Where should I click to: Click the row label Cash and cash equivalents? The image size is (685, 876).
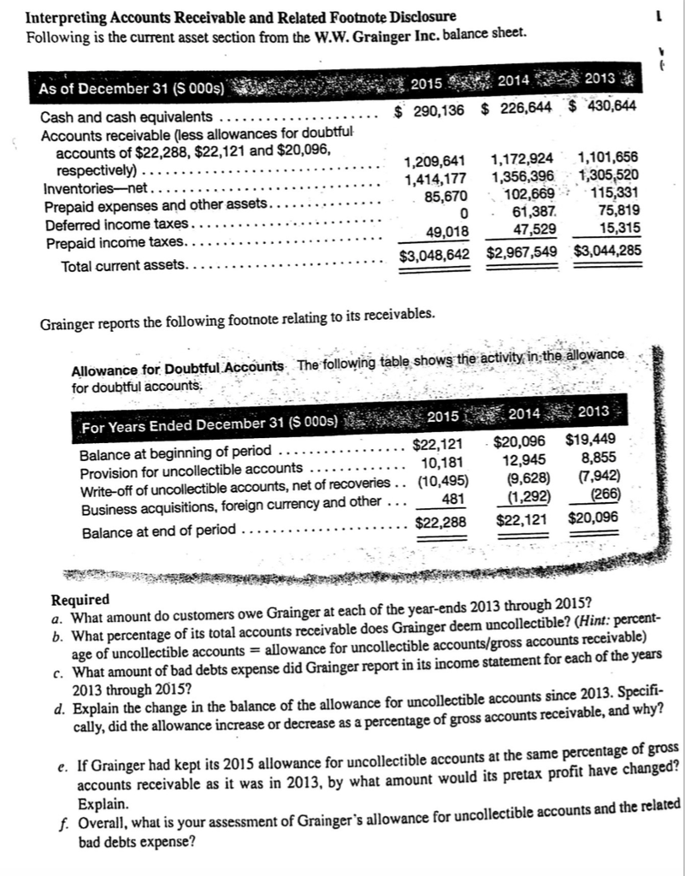127,116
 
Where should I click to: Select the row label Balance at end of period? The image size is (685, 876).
156,529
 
